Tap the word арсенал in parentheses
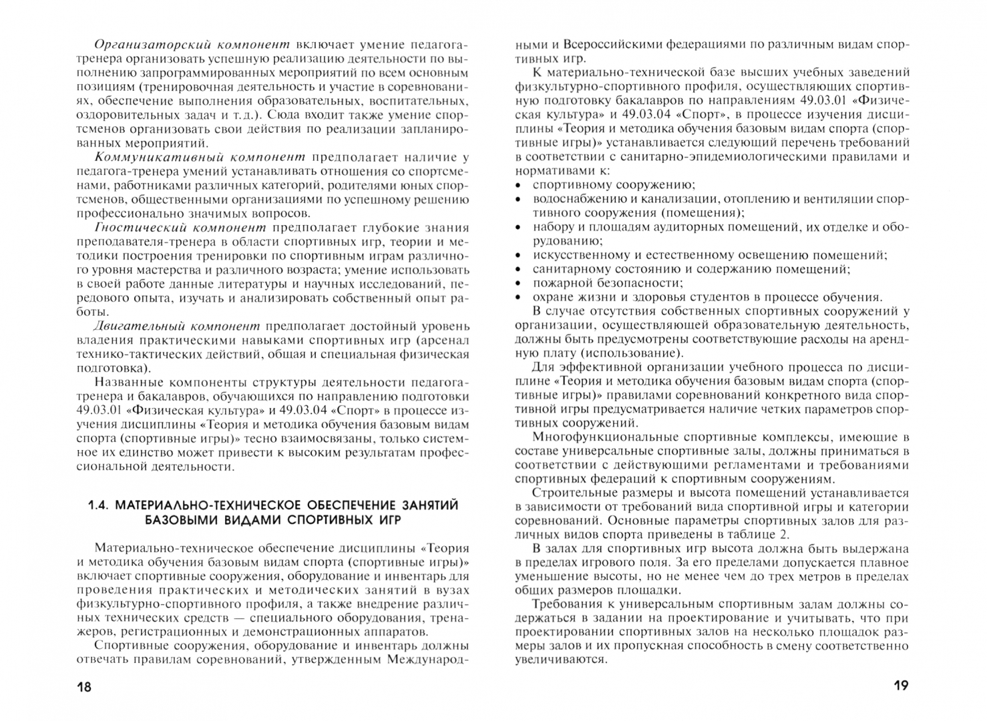coord(448,340)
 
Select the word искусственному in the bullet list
coord(582,255)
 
